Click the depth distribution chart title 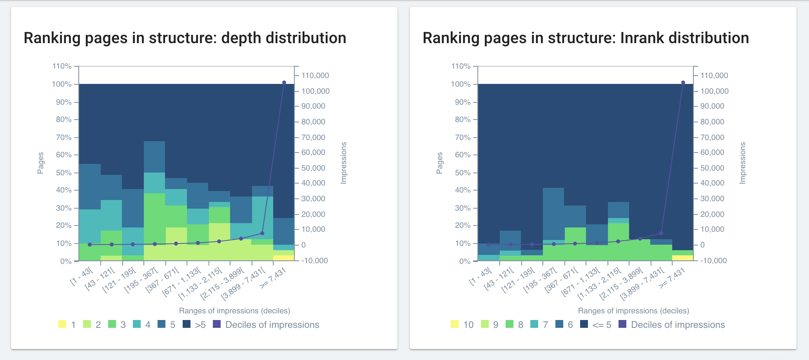[185, 38]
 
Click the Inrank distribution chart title [586, 38]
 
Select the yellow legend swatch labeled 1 [62, 324]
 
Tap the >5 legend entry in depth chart [194, 325]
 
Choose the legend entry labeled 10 [462, 325]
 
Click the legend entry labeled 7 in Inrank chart [539, 325]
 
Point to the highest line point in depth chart [284, 83]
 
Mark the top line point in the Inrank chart [683, 83]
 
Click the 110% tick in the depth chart [62, 66]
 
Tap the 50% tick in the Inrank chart [461, 173]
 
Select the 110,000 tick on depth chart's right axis [315, 76]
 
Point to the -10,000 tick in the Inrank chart [713, 261]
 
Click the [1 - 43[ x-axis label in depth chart [82, 275]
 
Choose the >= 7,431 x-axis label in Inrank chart [671, 278]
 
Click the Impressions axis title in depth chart [344, 163]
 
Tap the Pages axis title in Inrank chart [439, 163]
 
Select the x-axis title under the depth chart [234, 311]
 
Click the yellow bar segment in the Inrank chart [683, 258]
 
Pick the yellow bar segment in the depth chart [284, 258]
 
